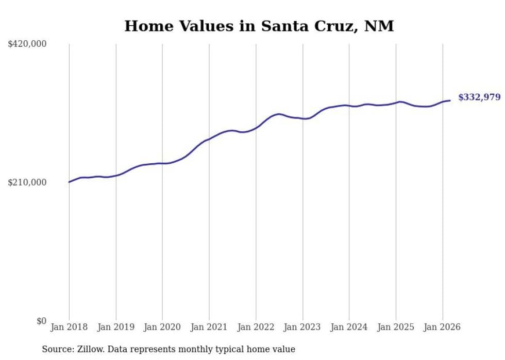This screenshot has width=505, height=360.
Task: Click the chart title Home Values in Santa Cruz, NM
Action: click(x=259, y=26)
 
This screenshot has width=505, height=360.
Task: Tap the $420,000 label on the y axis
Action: click(x=27, y=44)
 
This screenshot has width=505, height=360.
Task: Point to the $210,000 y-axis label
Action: click(x=27, y=182)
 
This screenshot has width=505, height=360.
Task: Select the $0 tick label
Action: click(x=41, y=321)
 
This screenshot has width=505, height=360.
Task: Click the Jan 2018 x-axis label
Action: click(x=69, y=327)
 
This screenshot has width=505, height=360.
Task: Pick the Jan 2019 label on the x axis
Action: click(x=115, y=327)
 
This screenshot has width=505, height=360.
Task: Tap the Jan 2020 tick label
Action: click(x=162, y=327)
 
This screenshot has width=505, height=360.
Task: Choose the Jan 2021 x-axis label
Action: click(x=209, y=327)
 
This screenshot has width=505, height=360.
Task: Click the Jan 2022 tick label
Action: click(x=256, y=327)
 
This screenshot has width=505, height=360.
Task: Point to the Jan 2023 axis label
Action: click(x=302, y=327)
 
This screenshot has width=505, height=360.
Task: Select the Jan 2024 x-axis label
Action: click(x=349, y=327)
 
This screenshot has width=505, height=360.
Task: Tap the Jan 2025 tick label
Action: click(x=396, y=327)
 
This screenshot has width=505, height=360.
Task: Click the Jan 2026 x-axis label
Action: click(x=442, y=327)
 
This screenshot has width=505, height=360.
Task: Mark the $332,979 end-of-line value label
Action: click(x=479, y=97)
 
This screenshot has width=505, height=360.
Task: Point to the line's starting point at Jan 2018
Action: click(x=69, y=182)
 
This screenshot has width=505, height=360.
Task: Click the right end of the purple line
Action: click(x=450, y=100)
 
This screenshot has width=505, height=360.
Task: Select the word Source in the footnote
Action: click(x=57, y=349)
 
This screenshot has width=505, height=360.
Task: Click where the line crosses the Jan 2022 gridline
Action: click(x=256, y=128)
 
